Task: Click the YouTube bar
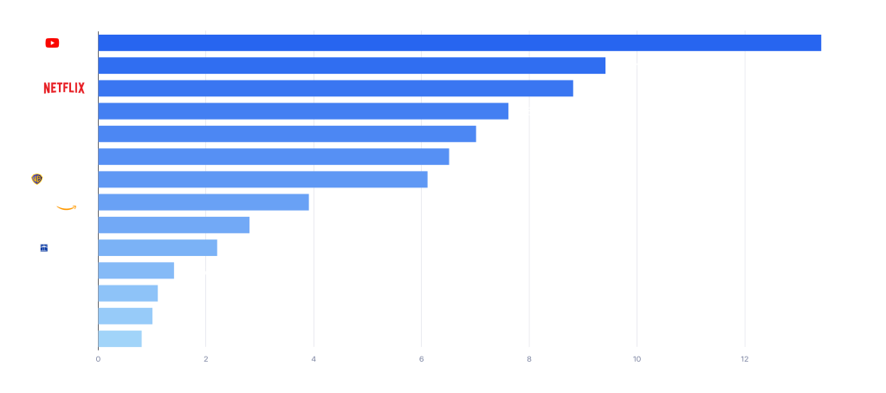point(459,43)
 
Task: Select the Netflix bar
point(335,88)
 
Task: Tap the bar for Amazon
point(204,202)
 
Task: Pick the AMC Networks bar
point(120,339)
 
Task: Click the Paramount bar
point(287,134)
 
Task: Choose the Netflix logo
point(66,88)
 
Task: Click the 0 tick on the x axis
point(98,358)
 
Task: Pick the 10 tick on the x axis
point(637,358)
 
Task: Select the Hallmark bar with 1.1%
point(128,293)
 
